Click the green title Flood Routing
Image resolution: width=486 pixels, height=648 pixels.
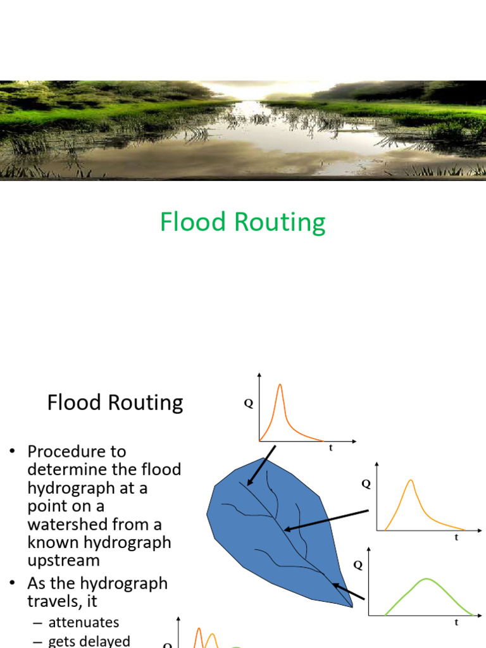point(242,222)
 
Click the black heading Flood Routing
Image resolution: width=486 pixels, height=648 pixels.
point(115,402)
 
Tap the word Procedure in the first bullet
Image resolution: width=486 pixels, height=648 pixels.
point(77,451)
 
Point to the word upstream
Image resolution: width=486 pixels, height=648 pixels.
point(64,561)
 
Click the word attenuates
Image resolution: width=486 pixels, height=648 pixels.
point(84,623)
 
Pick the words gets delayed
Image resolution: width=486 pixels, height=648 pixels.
point(89,641)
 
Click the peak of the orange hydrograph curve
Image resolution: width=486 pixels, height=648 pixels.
point(280,385)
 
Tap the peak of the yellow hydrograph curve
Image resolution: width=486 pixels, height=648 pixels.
point(411,480)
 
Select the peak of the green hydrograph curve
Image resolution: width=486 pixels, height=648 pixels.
point(427,579)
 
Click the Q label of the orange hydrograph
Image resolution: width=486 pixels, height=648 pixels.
point(248,404)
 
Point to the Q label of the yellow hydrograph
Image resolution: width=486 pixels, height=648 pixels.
point(366,484)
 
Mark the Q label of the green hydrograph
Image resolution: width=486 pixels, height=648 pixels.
point(358,565)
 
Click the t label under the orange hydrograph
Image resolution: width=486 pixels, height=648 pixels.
point(330,447)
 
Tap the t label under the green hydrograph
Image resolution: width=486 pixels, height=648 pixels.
point(456,622)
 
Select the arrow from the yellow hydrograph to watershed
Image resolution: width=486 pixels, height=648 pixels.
point(326,521)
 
